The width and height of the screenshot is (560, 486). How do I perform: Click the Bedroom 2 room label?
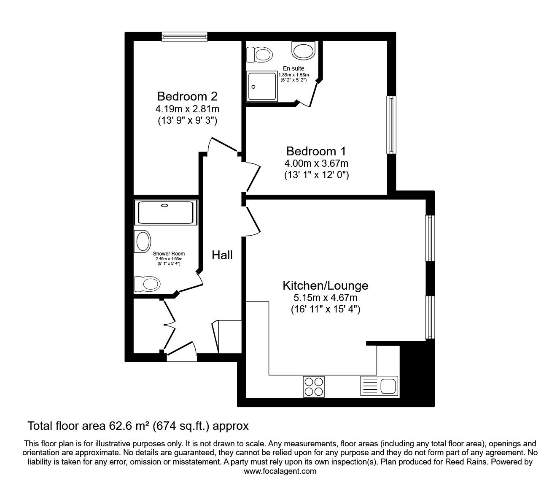click(187, 96)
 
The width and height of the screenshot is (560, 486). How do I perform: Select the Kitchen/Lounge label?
click(325, 286)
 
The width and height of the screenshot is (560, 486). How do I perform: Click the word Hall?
click(222, 255)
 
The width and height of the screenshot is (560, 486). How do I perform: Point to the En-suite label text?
click(293, 68)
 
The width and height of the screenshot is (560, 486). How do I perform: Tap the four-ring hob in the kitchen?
click(313, 386)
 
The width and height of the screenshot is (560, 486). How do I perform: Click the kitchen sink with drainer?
click(379, 386)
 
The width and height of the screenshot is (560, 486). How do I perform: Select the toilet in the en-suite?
click(259, 54)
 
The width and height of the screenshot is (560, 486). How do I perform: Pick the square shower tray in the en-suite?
click(262, 87)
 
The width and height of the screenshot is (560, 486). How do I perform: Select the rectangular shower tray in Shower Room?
click(165, 212)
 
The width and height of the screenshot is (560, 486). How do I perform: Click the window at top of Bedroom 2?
click(185, 37)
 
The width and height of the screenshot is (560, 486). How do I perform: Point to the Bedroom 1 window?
click(392, 125)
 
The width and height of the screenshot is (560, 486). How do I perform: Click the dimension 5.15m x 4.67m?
click(325, 298)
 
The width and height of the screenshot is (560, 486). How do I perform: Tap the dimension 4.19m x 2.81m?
click(187, 109)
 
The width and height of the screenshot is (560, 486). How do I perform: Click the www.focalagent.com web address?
click(280, 471)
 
